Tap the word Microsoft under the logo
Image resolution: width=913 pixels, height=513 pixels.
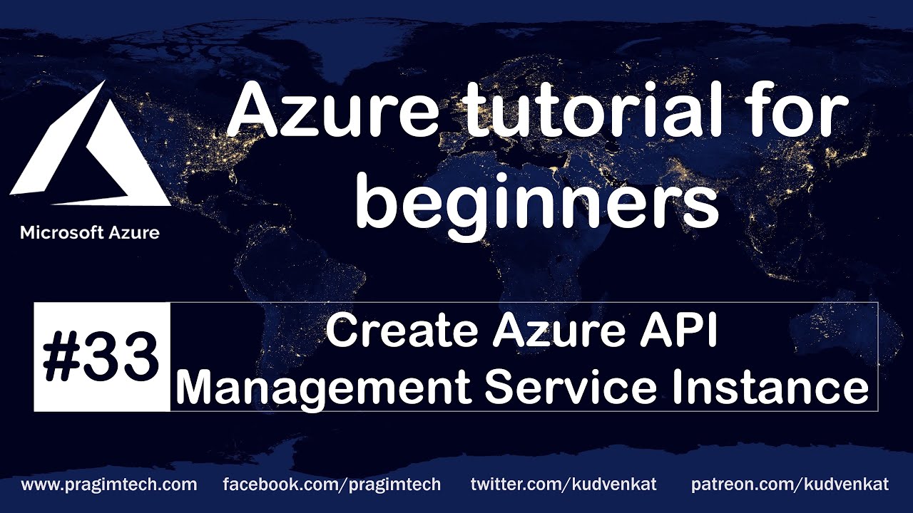64,232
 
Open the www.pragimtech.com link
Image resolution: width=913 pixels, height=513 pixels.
109,485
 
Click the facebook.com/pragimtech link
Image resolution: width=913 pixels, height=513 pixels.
332,485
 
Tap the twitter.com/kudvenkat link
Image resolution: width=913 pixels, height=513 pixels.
563,485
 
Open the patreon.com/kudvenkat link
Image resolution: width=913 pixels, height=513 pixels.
790,485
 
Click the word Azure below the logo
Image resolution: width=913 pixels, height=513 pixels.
133,232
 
